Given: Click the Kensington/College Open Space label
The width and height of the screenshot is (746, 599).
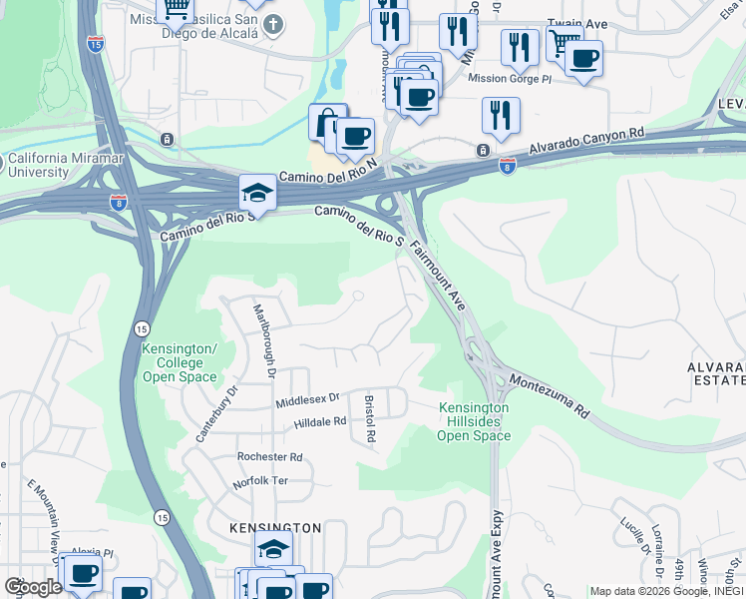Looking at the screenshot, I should pos(180,362).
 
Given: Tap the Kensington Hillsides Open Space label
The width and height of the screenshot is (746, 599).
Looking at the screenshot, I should pos(474,421).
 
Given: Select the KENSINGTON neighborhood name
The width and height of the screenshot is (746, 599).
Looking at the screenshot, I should pos(274,527).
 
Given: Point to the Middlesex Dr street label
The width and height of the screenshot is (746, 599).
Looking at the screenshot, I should pos(308,400).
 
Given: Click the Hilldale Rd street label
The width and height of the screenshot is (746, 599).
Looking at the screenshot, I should pos(320,422).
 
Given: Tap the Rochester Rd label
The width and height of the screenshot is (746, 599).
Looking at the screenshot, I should pos(269,456).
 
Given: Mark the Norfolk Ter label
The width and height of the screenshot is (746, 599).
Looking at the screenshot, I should pos(261,480).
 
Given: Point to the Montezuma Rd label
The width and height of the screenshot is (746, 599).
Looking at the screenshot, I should pos(549,396).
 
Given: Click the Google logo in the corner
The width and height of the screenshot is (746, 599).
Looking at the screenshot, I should pos(33,588).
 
